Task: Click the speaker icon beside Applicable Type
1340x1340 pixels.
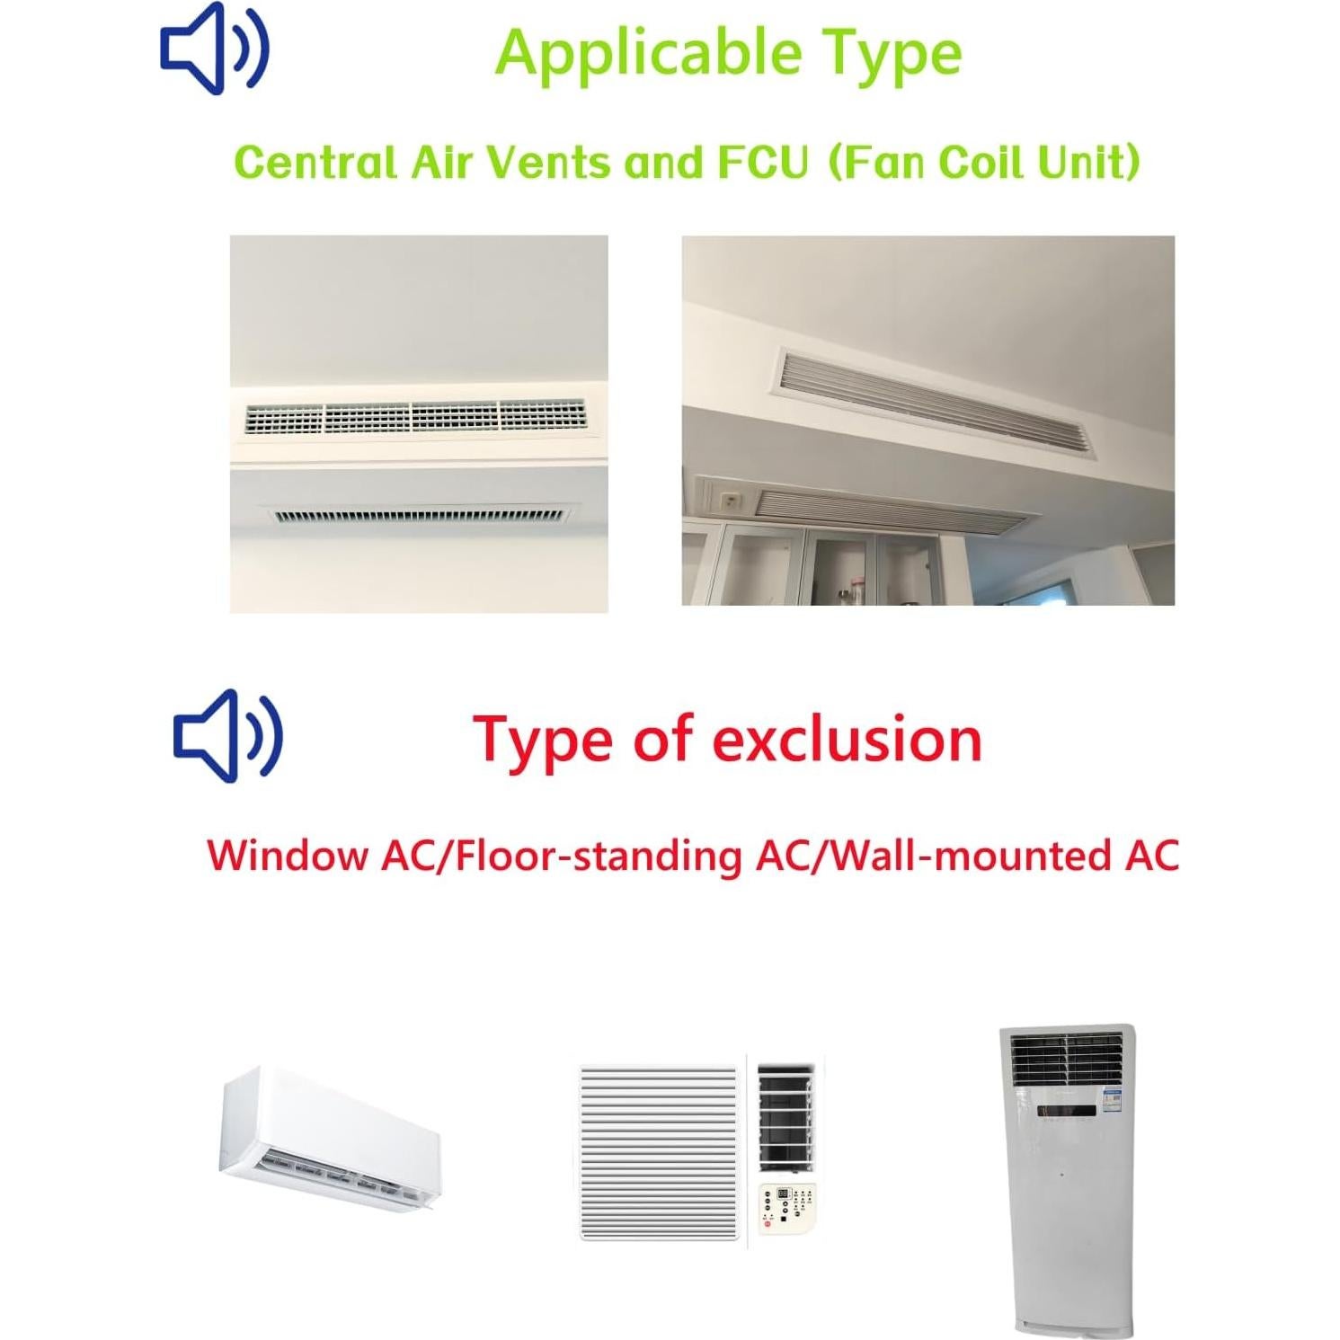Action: point(214,49)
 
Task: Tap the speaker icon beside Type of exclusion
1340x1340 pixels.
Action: point(227,735)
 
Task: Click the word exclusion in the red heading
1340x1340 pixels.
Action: point(847,740)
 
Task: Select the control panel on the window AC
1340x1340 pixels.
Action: point(788,1209)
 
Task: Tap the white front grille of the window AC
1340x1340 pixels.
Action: point(660,1152)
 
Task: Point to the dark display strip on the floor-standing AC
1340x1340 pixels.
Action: point(1066,1111)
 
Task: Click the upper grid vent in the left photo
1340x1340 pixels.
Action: point(415,416)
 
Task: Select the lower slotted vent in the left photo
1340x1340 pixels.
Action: point(419,516)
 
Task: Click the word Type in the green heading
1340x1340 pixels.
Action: point(893,53)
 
